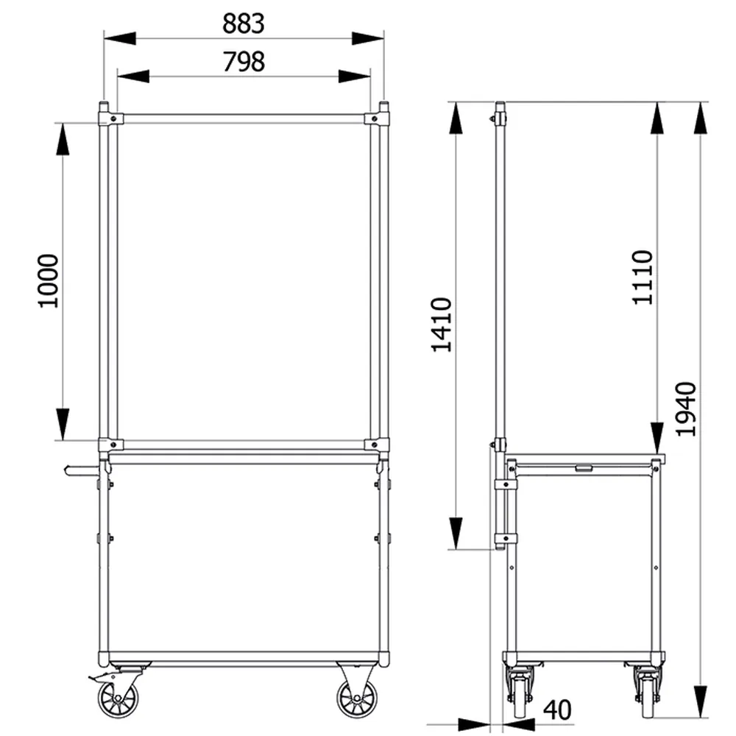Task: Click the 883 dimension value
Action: tap(243, 24)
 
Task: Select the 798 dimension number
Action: tap(243, 62)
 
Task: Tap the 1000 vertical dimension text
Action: tap(49, 280)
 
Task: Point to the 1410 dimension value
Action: tap(441, 325)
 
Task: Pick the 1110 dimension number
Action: tap(642, 277)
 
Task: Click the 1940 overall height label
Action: tap(686, 408)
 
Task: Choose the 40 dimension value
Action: tap(557, 710)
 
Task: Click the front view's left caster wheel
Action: tap(118, 699)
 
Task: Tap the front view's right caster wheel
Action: tap(357, 699)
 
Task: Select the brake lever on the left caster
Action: tap(100, 677)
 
